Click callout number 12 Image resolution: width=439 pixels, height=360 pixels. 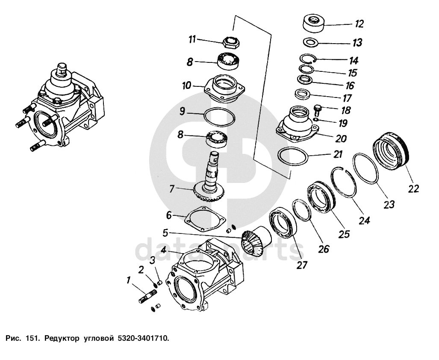(x=359, y=24)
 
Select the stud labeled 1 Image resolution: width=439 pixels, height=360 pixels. (x=147, y=296)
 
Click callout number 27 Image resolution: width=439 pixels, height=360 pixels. (x=302, y=265)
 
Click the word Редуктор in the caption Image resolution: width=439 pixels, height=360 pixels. (x=62, y=339)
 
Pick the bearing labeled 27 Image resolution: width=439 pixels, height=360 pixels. (x=283, y=223)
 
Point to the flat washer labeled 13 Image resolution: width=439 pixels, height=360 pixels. (x=311, y=42)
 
